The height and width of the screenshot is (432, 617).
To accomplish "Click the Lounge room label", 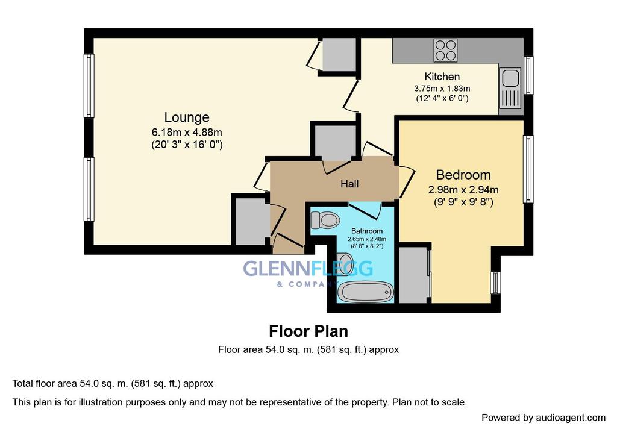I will (x=187, y=117).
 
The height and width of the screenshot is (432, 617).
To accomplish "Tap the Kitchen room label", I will (x=442, y=77).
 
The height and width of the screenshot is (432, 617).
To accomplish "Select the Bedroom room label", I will (x=463, y=175).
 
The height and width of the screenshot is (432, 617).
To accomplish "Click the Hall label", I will (x=349, y=184).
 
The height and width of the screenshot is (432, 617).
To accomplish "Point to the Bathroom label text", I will (x=367, y=231).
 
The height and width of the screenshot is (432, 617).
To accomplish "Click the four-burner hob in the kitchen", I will (x=445, y=50).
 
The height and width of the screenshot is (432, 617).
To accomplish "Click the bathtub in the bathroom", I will (x=365, y=292).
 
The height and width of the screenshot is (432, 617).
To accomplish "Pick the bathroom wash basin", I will (x=345, y=264).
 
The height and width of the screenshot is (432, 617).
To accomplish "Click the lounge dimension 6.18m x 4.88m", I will (x=187, y=132).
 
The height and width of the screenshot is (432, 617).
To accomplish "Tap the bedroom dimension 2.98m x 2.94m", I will (x=463, y=190).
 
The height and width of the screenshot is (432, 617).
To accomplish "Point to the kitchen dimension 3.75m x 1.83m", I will (x=442, y=87).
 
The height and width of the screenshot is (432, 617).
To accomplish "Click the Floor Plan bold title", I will (x=308, y=331).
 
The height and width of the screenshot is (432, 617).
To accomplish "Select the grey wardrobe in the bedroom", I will (x=413, y=274).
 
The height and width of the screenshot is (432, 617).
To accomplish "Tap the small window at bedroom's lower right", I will (x=495, y=282).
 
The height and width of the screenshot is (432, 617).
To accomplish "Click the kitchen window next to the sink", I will (x=528, y=75).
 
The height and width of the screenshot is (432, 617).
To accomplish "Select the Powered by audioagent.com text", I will (x=543, y=418).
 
